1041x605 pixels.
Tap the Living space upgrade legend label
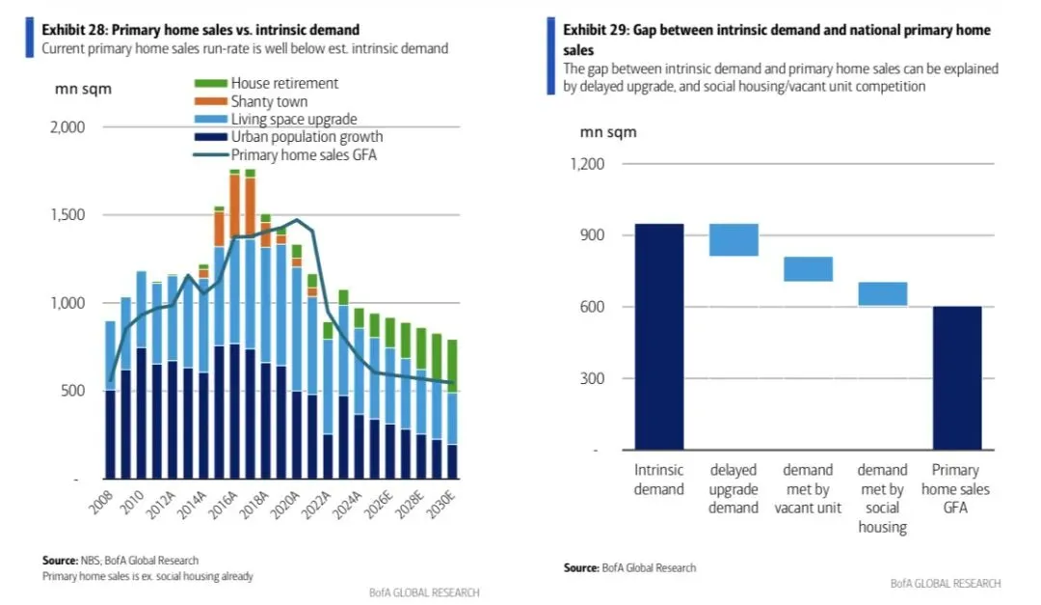(294, 119)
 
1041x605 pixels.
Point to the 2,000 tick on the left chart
(67, 127)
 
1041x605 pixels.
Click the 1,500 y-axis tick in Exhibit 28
(67, 215)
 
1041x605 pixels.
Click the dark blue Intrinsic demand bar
(659, 337)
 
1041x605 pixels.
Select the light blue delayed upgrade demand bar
(734, 240)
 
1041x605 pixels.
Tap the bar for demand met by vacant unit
(808, 268)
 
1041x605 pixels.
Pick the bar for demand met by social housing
(882, 293)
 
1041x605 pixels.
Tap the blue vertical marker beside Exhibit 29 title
(550, 56)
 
